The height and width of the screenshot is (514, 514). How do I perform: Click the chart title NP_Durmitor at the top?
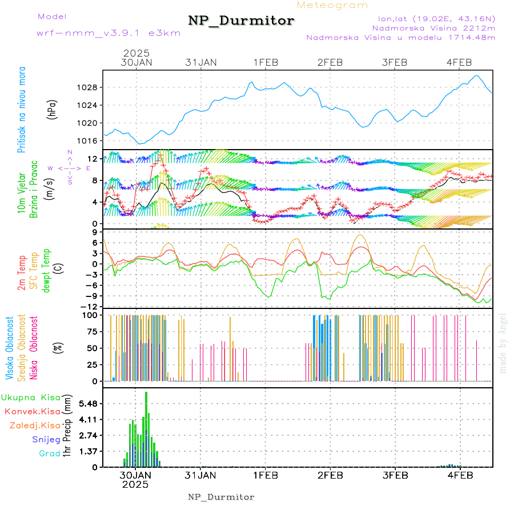(x=241, y=21)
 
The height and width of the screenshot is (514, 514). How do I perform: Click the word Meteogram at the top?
(x=332, y=5)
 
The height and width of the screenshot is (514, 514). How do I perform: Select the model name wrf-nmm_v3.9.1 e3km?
(x=109, y=33)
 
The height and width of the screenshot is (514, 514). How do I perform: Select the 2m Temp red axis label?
(x=22, y=274)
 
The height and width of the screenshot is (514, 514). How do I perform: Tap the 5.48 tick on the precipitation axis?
(x=87, y=404)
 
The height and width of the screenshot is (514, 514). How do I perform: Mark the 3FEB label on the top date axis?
(x=394, y=62)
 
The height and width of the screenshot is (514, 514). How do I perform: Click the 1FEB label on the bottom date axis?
(x=265, y=475)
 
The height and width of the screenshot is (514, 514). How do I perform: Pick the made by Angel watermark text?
(x=503, y=343)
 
